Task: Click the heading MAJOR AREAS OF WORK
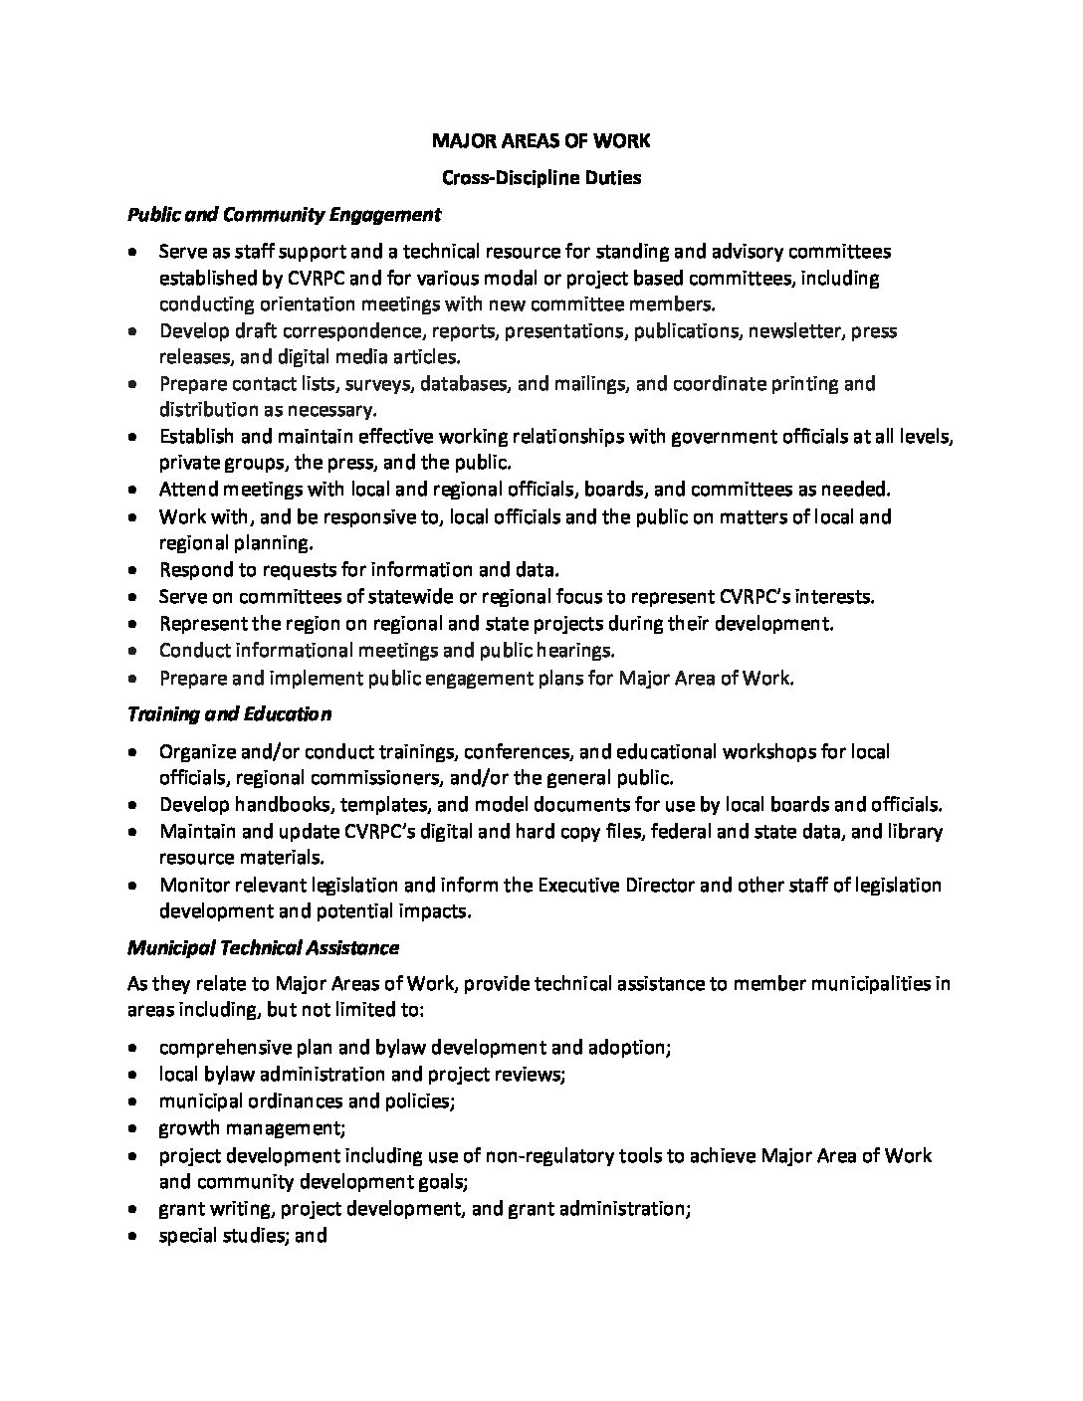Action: pos(541,141)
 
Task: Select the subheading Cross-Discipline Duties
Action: pos(541,178)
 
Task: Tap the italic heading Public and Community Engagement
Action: pos(284,214)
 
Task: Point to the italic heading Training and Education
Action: pos(229,714)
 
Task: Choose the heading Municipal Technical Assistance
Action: pos(263,948)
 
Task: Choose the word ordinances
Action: pos(295,1101)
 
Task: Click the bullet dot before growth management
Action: pos(134,1129)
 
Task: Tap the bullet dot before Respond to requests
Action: pos(134,571)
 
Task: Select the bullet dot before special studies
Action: pos(134,1237)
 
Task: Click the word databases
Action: pos(461,383)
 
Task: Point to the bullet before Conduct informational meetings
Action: pos(134,652)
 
